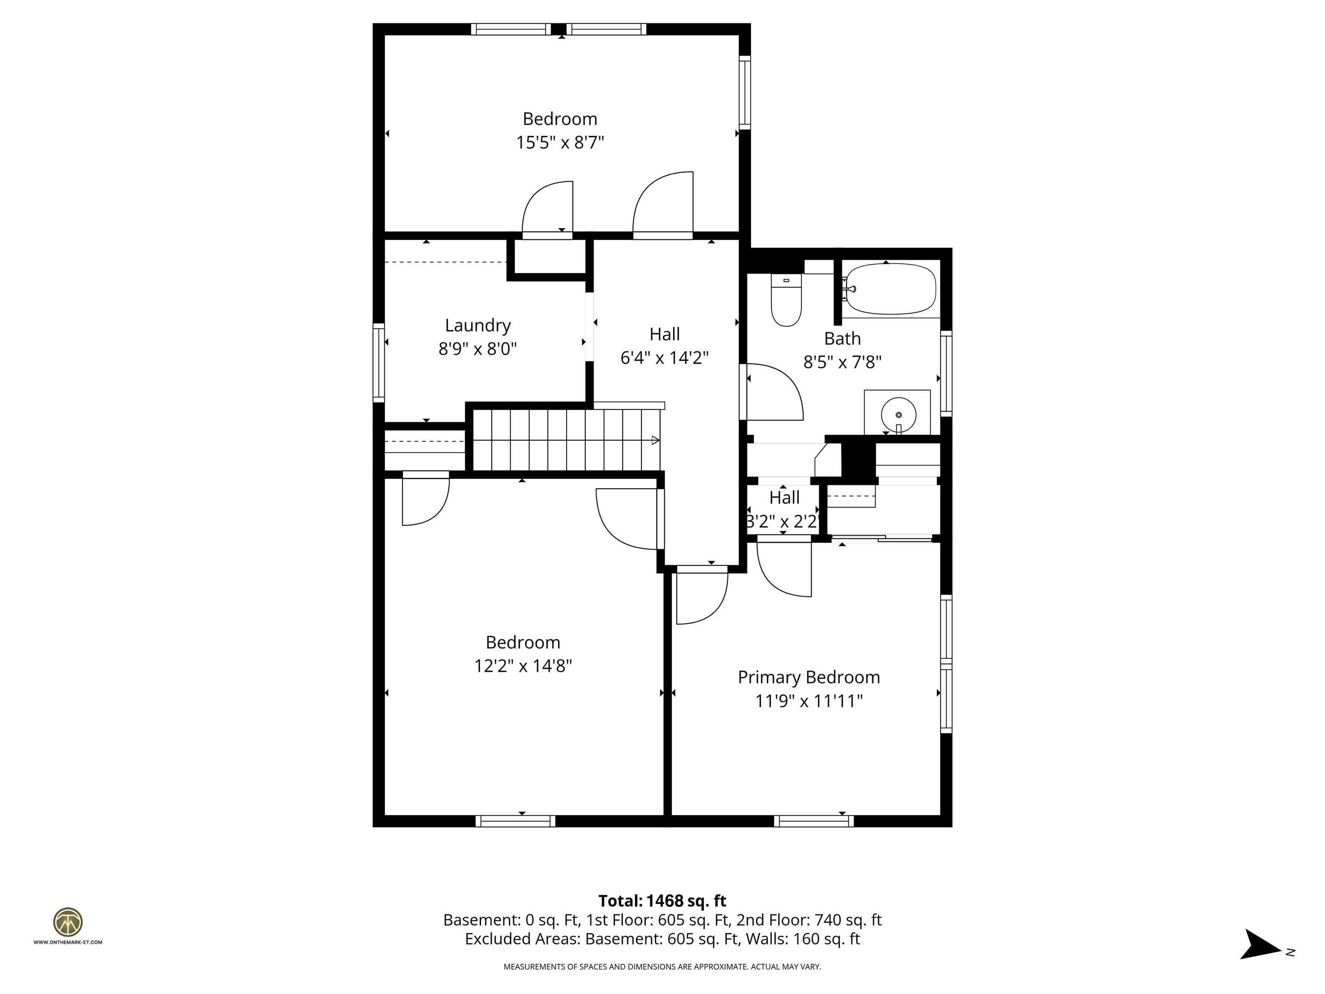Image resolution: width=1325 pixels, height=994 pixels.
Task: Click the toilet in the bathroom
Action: point(786,299)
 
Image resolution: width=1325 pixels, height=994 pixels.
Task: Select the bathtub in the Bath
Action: point(891,289)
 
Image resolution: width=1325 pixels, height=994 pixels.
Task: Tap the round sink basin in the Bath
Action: point(898,414)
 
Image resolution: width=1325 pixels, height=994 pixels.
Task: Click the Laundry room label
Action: point(477,325)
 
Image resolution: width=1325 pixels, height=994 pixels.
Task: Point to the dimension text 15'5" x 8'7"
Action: point(560,143)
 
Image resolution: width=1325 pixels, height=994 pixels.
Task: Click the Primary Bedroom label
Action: point(809,677)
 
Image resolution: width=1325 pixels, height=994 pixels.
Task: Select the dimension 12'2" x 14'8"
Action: point(523,666)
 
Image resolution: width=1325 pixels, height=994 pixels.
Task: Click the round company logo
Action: point(68,922)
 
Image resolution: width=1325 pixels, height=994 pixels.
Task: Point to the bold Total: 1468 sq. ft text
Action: point(662,900)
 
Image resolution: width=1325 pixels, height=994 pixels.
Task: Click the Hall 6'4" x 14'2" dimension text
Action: point(664,358)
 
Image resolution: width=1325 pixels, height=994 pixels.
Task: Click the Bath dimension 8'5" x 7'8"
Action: point(842,362)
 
